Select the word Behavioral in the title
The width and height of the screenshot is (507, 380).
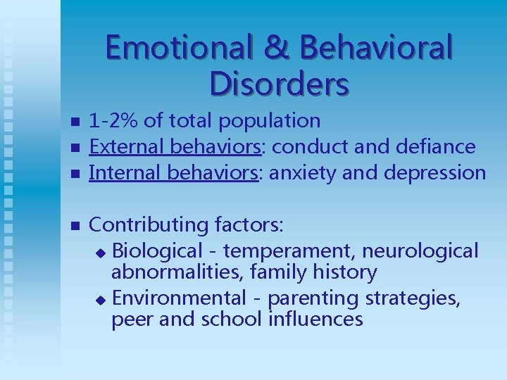click(x=375, y=48)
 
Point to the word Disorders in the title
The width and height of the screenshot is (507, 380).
click(x=279, y=84)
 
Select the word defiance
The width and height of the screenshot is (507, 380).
click(x=436, y=146)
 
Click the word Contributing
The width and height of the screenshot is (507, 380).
click(x=147, y=225)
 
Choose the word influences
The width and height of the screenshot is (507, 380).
click(x=316, y=319)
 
